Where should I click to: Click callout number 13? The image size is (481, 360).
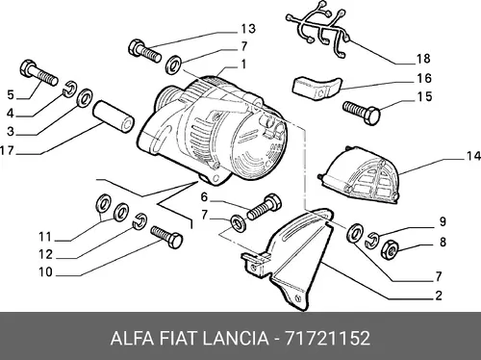tap(248, 29)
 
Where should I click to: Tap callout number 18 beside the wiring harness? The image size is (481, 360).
tap(423, 59)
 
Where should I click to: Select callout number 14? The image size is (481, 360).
tap(473, 156)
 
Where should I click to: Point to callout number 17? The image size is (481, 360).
tap(7, 150)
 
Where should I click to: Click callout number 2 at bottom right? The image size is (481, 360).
tap(439, 296)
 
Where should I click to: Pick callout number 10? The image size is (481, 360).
tap(45, 272)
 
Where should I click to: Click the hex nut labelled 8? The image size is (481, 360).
tap(390, 249)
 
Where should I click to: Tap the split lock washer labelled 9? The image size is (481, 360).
tap(373, 240)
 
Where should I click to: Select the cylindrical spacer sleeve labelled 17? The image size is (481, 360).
tap(114, 116)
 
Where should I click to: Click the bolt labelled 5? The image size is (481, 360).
tap(38, 73)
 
